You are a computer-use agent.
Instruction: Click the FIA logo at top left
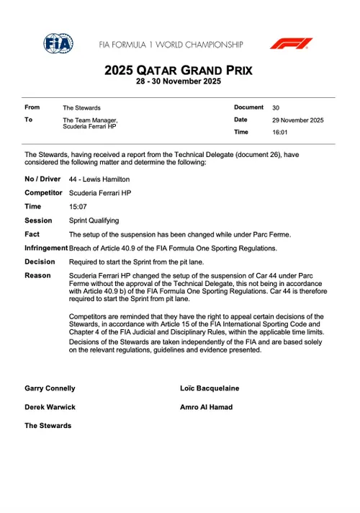[58, 44]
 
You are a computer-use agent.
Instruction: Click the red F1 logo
[291, 44]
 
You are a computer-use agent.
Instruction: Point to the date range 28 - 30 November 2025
[180, 81]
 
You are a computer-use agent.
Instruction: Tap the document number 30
[276, 107]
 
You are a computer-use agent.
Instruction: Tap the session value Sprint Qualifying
[94, 220]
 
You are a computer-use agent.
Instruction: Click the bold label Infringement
[46, 248]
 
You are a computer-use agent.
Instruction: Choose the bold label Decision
[40, 262]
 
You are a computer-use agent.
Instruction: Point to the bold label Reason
[37, 275]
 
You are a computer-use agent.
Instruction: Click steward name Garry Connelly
[50, 388]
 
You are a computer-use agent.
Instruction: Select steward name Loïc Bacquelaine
[210, 388]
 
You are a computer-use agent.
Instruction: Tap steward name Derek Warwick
[48, 407]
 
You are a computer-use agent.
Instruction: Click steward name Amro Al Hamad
[206, 407]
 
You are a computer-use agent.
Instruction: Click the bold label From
[32, 107]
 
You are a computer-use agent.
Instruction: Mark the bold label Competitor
[44, 192]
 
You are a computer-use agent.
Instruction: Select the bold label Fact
[32, 234]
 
